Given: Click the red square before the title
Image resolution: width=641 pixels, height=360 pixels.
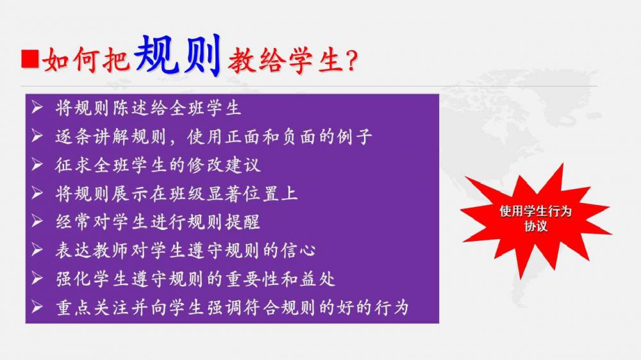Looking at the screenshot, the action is (30, 59).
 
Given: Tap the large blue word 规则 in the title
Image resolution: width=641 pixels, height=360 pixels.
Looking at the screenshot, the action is (178, 55).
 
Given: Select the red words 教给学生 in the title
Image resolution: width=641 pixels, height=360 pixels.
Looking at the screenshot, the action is (285, 61).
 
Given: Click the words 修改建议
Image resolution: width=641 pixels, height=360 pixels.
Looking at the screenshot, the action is (224, 165).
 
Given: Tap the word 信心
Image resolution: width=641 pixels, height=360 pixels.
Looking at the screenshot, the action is (299, 250).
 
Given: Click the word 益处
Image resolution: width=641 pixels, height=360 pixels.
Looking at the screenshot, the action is (318, 279).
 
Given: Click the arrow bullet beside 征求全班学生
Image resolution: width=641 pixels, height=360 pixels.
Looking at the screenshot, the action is (37, 165).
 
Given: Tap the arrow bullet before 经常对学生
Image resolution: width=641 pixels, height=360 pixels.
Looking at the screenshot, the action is (37, 222).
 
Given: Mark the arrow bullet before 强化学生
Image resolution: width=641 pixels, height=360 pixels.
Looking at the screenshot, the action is (37, 279).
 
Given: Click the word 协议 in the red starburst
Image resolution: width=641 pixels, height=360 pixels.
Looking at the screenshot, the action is (535, 226).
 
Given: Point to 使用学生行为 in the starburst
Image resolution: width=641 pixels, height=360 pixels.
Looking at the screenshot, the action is (535, 211).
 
